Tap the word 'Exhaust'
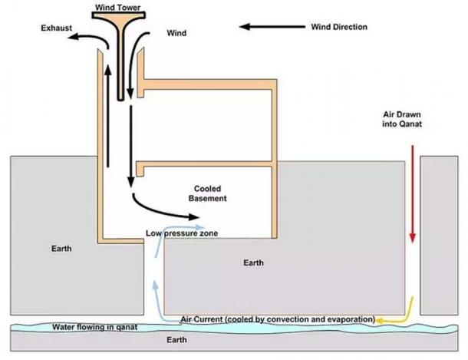click(57, 28)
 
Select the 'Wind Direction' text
click(339, 27)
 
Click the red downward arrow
click(413, 193)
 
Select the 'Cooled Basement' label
click(208, 193)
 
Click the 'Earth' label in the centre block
click(253, 263)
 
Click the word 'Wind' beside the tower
click(176, 34)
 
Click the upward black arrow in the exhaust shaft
click(107, 115)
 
